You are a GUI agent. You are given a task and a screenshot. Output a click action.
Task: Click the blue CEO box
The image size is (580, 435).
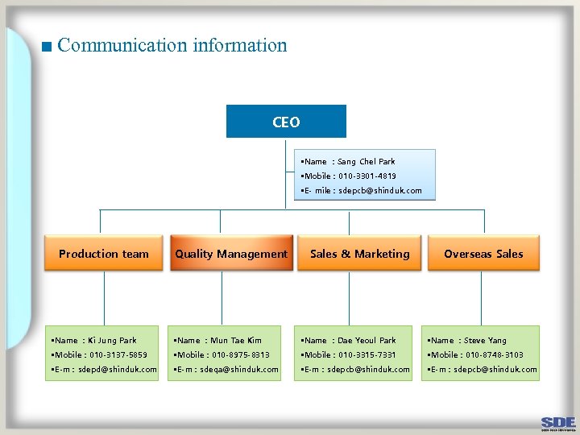286,122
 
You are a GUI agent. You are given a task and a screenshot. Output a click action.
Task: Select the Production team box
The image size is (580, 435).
104,254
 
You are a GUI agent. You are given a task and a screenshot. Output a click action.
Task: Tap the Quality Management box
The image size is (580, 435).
231,254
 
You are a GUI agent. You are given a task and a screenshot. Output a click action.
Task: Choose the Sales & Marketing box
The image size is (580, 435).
359,254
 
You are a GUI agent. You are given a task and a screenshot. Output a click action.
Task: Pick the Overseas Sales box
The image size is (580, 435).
483,254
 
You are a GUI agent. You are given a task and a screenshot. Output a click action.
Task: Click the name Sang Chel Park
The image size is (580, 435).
366,162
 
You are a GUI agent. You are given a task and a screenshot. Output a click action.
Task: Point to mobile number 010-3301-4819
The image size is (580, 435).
367,176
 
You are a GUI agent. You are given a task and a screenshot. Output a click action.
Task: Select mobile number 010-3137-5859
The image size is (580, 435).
118,355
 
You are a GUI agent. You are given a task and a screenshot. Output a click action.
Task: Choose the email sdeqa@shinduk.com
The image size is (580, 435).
239,370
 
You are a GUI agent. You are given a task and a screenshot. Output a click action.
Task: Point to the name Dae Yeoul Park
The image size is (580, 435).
367,341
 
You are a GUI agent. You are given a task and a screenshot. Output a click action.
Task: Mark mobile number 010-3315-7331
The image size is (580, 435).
367,355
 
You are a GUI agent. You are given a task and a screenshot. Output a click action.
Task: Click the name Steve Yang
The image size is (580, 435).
485,341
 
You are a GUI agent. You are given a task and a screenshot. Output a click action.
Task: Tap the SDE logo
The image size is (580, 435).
558,422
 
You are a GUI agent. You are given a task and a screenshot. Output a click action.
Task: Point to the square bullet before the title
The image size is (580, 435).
47,47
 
